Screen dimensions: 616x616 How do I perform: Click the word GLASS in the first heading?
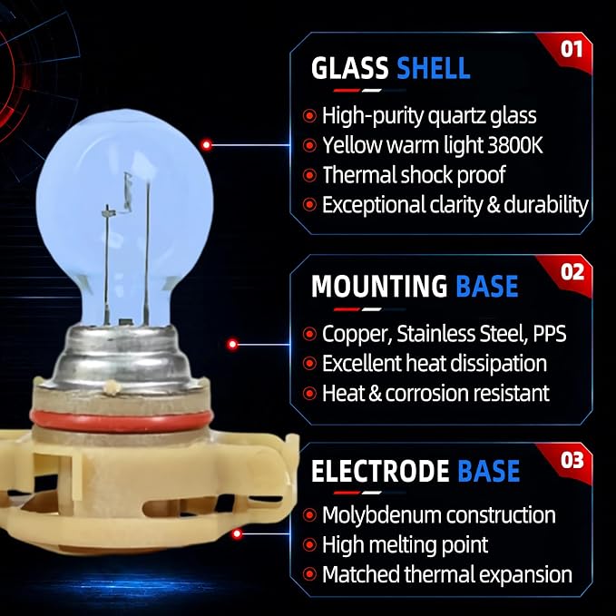pyautogui.click(x=349, y=68)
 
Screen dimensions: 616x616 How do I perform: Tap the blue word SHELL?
pyautogui.click(x=434, y=68)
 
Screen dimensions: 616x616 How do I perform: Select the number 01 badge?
pyautogui.click(x=572, y=50)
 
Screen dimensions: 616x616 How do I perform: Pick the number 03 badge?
pyautogui.click(x=572, y=461)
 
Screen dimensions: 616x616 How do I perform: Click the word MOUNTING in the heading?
pyautogui.click(x=379, y=286)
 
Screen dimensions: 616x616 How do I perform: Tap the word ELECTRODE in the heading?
pyautogui.click(x=380, y=471)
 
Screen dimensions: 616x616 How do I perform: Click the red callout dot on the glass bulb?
pyautogui.click(x=207, y=145)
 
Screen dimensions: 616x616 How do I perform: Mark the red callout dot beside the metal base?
pyautogui.click(x=233, y=344)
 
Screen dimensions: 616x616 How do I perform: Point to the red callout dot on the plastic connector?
pyautogui.click(x=237, y=533)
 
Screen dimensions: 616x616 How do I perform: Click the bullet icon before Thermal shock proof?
pyautogui.click(x=309, y=175)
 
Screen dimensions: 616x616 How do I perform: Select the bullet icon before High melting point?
pyautogui.click(x=309, y=545)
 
